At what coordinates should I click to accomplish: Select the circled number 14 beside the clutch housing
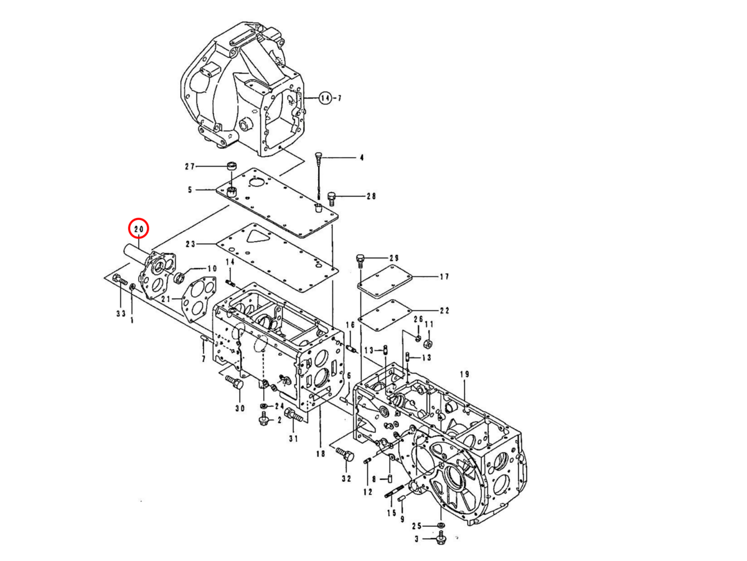point(326,98)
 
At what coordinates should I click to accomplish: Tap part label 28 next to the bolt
point(371,196)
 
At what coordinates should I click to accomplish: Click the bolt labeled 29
point(359,260)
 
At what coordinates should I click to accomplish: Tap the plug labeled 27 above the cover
point(232,166)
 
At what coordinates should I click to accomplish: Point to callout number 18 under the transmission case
point(320,454)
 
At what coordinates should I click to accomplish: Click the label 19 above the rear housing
point(464,374)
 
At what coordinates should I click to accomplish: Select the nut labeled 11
point(428,343)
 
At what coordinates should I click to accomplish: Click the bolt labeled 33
point(120,282)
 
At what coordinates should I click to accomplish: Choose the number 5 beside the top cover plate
point(190,189)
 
